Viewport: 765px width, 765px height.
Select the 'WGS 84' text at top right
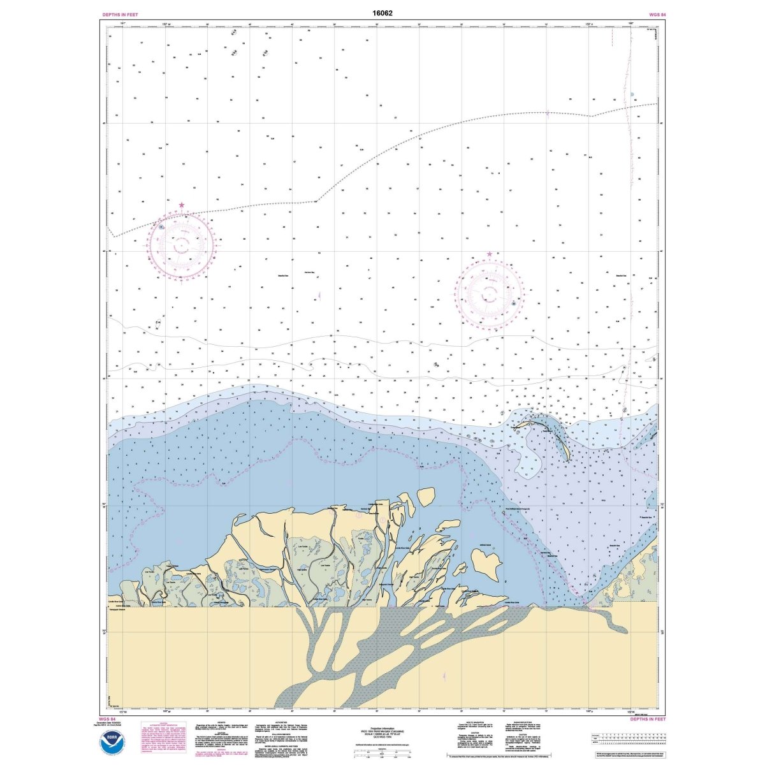pyautogui.click(x=654, y=14)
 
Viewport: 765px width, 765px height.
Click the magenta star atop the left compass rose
pyautogui.click(x=182, y=205)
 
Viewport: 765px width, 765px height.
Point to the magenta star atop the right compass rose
pyautogui.click(x=490, y=254)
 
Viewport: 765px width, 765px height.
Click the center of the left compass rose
pyautogui.click(x=182, y=244)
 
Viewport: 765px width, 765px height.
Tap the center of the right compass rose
pyautogui.click(x=490, y=293)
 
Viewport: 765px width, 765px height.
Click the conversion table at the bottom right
pyautogui.click(x=628, y=739)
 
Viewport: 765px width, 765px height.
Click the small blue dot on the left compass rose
pyautogui.click(x=161, y=226)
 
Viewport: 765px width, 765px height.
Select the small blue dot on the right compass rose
pyautogui.click(x=514, y=303)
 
